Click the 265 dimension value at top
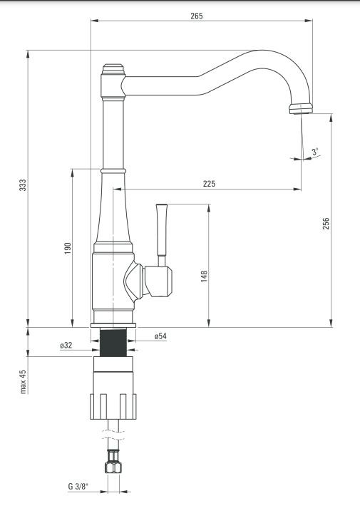click(x=196, y=16)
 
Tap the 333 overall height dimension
click(x=23, y=185)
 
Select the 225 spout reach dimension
click(x=209, y=184)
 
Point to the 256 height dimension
click(x=326, y=224)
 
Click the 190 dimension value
click(x=68, y=248)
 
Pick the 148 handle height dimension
click(x=204, y=276)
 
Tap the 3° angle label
click(x=315, y=151)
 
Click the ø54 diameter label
click(x=160, y=336)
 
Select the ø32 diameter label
click(x=66, y=346)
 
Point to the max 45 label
click(x=23, y=382)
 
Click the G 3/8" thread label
click(x=78, y=487)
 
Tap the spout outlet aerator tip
click(x=301, y=109)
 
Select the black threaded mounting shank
click(x=113, y=342)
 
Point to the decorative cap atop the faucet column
click(x=113, y=69)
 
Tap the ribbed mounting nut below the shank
click(x=113, y=406)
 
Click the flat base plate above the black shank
click(x=113, y=325)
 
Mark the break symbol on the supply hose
click(x=113, y=435)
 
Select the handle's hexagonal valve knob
click(x=158, y=281)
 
